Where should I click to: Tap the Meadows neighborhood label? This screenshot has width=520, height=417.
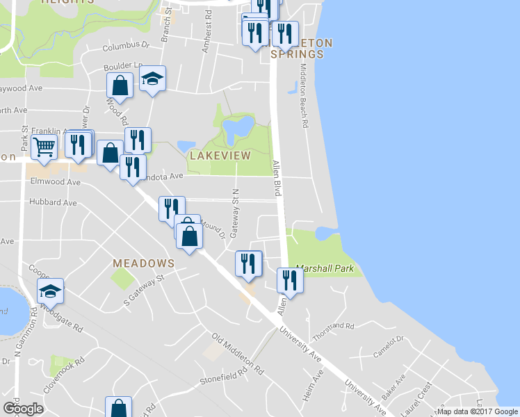pyautogui.click(x=144, y=263)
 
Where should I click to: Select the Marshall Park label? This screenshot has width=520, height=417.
pyautogui.click(x=325, y=268)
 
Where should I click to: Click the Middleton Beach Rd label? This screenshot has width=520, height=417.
pyautogui.click(x=304, y=97)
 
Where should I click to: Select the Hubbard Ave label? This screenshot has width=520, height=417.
pyautogui.click(x=53, y=203)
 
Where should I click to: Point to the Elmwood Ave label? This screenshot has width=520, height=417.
pyautogui.click(x=56, y=182)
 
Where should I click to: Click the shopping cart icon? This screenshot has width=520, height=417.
pyautogui.click(x=44, y=147)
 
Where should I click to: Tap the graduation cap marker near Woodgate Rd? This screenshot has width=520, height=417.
pyautogui.click(x=50, y=291)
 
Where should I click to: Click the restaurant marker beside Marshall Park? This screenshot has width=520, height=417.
pyautogui.click(x=289, y=280)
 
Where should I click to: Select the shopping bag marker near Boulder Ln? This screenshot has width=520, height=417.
pyautogui.click(x=120, y=86)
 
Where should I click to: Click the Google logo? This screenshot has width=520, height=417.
pyautogui.click(x=22, y=409)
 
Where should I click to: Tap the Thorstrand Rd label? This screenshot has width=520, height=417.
pyautogui.click(x=333, y=325)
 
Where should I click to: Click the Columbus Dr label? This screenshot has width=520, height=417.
pyautogui.click(x=126, y=47)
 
